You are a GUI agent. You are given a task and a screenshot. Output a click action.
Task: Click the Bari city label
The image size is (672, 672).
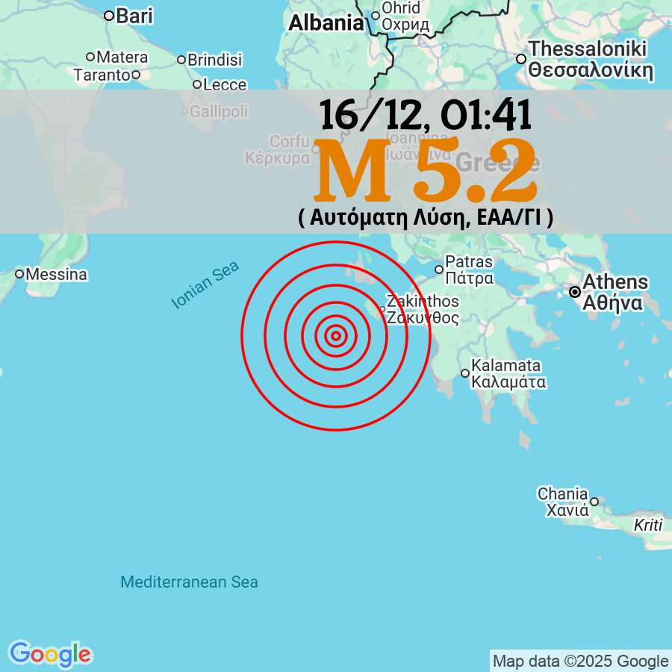134,15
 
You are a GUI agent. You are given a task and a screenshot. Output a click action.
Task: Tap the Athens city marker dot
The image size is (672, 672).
575,292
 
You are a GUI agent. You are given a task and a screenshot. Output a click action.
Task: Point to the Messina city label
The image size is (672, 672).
56,275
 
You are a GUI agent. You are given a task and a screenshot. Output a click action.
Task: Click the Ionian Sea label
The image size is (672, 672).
205,284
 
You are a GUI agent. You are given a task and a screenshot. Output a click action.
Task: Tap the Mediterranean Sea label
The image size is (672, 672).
190,582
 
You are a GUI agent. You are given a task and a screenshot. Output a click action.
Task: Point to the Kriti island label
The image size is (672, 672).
647,525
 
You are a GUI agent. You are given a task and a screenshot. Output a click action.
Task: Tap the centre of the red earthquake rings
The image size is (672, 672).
336,336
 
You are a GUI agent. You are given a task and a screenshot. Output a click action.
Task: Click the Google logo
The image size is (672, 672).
50,655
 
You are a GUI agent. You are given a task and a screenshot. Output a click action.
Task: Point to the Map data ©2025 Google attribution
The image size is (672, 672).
580,661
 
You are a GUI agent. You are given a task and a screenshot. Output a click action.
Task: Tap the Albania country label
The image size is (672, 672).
326,23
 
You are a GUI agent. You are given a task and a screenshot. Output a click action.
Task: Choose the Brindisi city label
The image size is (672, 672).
215,60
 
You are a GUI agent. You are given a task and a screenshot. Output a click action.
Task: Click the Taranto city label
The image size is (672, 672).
102,75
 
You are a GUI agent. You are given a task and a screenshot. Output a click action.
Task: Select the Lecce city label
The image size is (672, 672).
225,85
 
